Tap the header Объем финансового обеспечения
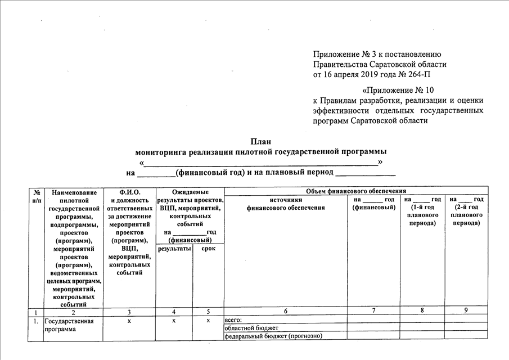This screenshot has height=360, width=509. tap(355, 191)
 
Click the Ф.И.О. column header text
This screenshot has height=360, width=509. tap(129, 192)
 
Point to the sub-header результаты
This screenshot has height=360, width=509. tap(173, 249)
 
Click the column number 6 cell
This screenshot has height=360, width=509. tap(285, 311)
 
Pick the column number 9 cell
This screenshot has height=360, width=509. tap(466, 311)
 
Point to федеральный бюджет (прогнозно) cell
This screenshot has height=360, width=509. tap(273, 336)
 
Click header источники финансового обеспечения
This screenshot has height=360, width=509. tap(286, 204)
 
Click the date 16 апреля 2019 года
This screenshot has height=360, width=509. tap(363, 74)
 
